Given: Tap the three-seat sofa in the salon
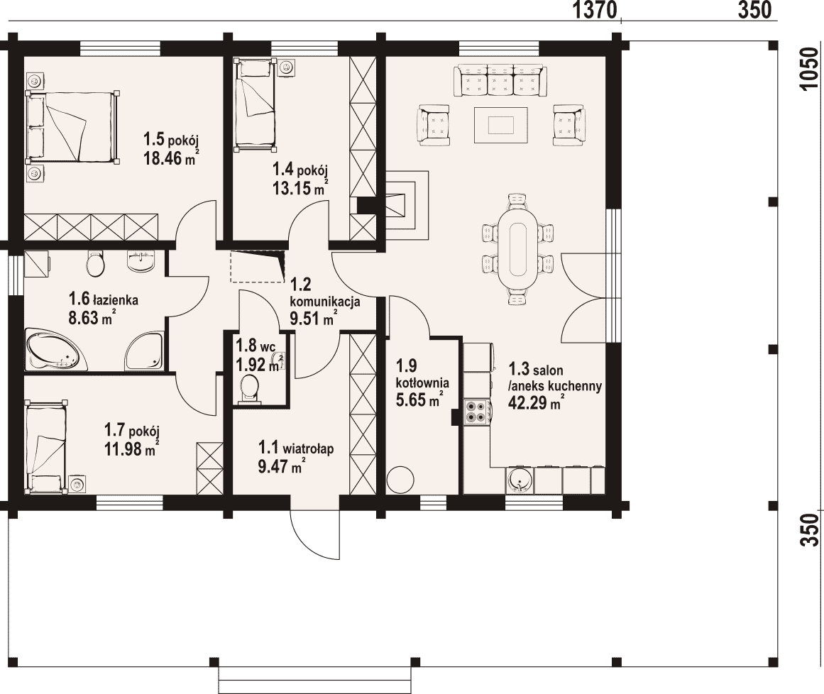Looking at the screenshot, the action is coord(500,80).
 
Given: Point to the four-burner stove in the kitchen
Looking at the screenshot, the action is coord(477,411).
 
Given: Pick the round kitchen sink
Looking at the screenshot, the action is coord(520,480).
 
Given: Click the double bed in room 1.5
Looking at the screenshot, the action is coord(72,126).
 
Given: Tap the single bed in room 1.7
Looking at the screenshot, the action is coord(46,446).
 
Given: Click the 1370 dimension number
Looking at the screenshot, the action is coord(594,10).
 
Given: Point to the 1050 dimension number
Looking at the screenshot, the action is coord(810,69).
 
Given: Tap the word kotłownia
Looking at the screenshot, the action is coord(422,382).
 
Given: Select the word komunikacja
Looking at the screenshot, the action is coord(325,302).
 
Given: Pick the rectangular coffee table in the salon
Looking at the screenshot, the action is coord(501,125).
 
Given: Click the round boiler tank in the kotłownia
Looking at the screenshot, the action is coord(400,479).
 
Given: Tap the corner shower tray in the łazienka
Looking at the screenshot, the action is coord(144,351).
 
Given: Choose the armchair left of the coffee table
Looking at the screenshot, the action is coord(434,124).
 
